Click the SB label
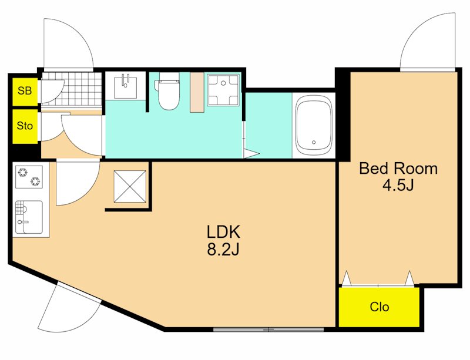25,90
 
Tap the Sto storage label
25,125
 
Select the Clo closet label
379,307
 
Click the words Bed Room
398,169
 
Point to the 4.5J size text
398,186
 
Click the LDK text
224,232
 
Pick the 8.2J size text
224,249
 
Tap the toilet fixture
167,91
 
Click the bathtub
314,125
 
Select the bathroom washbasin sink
126,88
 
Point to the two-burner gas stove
29,177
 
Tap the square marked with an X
130,186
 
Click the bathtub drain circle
314,142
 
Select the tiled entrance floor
72,89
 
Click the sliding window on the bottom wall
268,329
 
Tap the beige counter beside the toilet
197,92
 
